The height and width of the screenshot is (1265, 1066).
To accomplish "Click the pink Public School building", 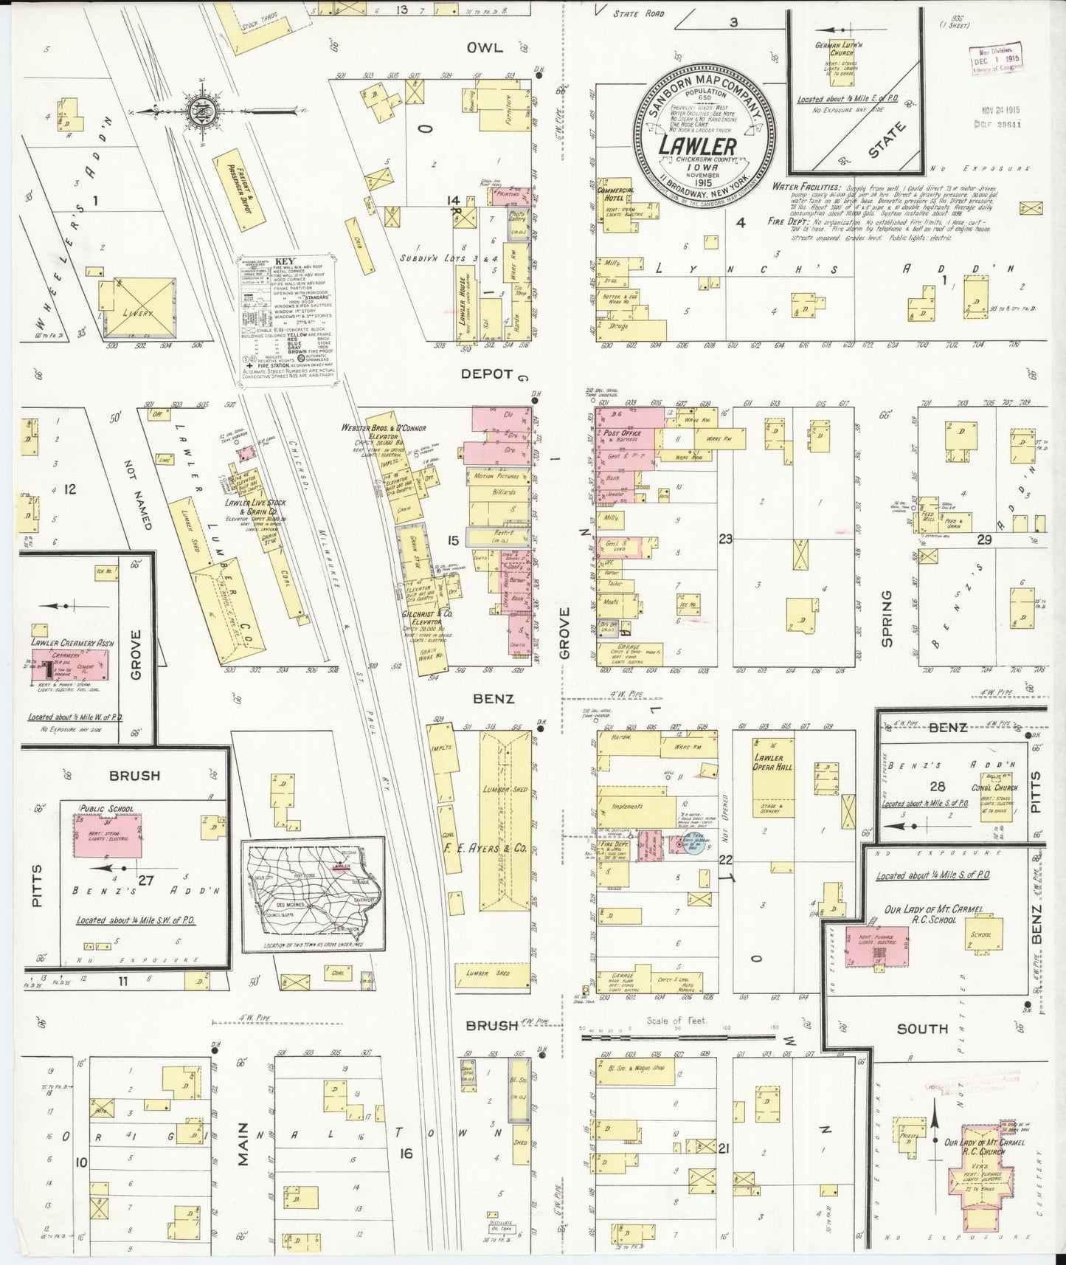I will [108, 837].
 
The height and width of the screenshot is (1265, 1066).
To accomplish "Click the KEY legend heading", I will [284, 261].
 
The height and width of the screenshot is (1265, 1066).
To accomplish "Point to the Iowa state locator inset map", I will [314, 892].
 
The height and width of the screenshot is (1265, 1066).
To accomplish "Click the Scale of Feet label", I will [676, 1021].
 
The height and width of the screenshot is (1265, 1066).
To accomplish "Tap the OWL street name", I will [484, 48].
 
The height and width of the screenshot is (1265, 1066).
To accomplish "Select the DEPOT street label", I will [486, 373].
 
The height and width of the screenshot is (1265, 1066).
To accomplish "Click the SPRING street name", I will [886, 618].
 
